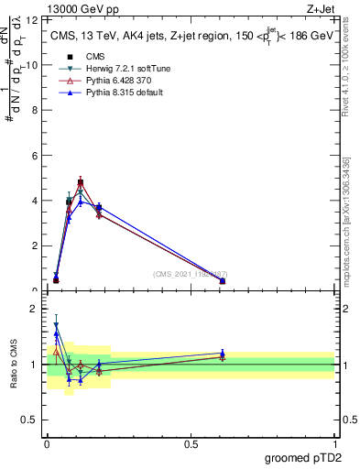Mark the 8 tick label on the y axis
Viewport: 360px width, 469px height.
[x=34, y=110]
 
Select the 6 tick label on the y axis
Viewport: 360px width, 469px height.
[x=34, y=156]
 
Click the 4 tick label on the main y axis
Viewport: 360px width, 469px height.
[x=34, y=201]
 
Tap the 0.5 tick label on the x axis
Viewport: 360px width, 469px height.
[x=191, y=443]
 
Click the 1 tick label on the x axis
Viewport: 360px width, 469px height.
[x=334, y=443]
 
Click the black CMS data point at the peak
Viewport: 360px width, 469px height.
[x=81, y=183]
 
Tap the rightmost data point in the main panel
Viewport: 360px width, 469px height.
[x=223, y=281]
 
